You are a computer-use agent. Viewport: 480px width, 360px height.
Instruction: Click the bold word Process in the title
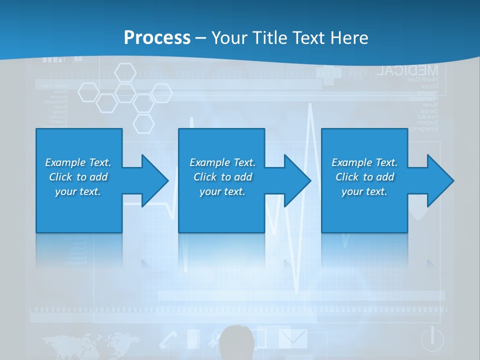tap(157, 38)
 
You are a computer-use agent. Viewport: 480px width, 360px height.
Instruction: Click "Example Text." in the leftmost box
tap(78, 162)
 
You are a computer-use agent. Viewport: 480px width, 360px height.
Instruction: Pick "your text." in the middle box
tap(222, 191)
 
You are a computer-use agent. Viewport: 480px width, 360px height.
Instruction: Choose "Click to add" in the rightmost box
tap(364, 177)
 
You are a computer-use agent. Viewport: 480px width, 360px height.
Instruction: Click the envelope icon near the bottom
tap(292, 337)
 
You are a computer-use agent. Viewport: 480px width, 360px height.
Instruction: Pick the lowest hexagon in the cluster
tap(143, 123)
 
